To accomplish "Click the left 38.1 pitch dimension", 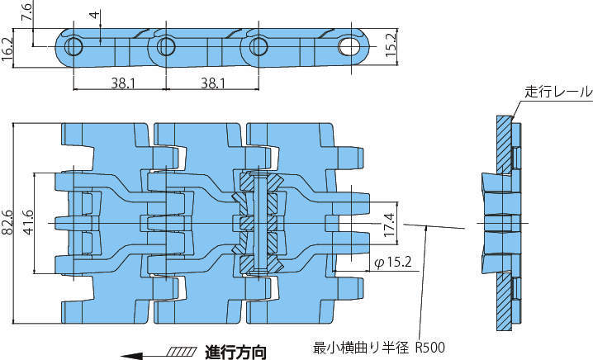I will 120,83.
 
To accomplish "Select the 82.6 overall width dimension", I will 8,223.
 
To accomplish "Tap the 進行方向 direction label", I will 235,352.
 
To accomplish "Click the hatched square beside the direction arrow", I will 180,353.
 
